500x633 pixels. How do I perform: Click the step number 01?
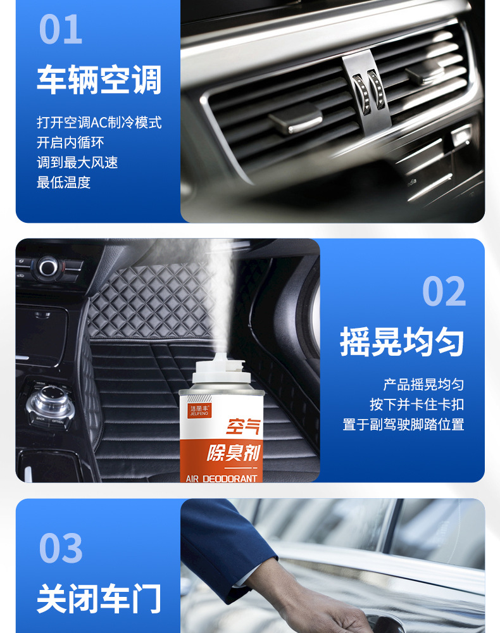[x=61, y=29]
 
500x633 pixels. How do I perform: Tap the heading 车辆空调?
[x=99, y=80]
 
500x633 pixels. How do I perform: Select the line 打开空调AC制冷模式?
[x=99, y=122]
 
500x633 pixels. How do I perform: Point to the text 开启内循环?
[x=70, y=142]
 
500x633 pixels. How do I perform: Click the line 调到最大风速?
[x=77, y=163]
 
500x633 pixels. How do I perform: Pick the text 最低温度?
[x=63, y=183]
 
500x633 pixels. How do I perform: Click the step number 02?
[x=444, y=292]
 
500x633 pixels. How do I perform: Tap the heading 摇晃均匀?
[x=402, y=342]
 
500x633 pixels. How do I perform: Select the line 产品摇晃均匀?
[x=423, y=384]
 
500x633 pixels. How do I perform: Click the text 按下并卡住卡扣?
[x=416, y=404]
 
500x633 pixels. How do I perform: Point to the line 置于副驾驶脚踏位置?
[x=403, y=425]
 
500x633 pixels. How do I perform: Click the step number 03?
[x=61, y=548]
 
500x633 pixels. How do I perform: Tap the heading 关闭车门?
[x=99, y=599]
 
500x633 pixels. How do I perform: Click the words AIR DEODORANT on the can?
[x=222, y=478]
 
